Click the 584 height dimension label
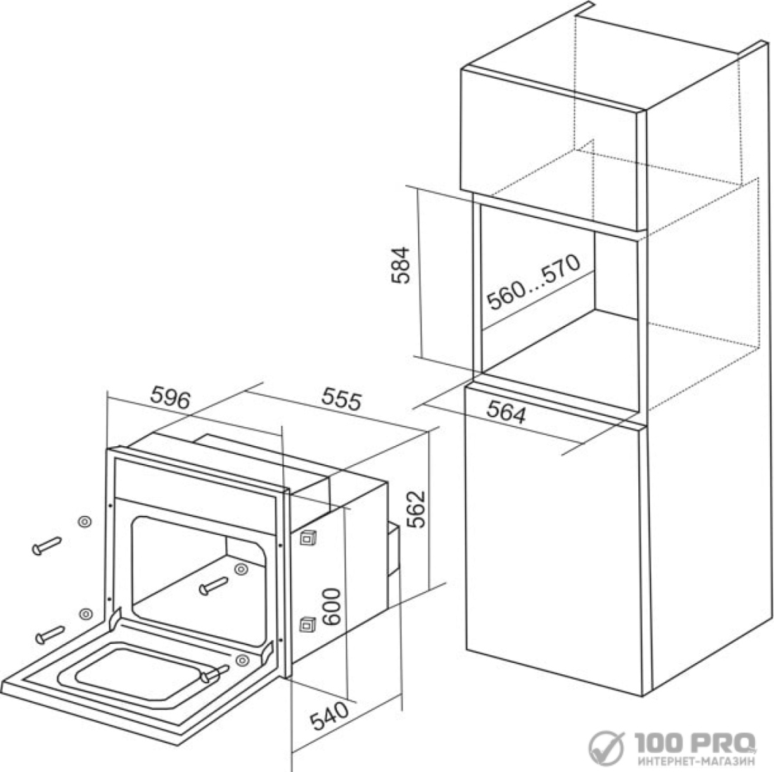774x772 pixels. click(400, 265)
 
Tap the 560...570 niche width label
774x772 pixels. click(534, 282)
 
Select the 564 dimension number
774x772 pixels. click(507, 412)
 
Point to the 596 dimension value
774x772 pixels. click(170, 398)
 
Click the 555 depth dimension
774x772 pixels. click(341, 399)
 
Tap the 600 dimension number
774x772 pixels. click(330, 607)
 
